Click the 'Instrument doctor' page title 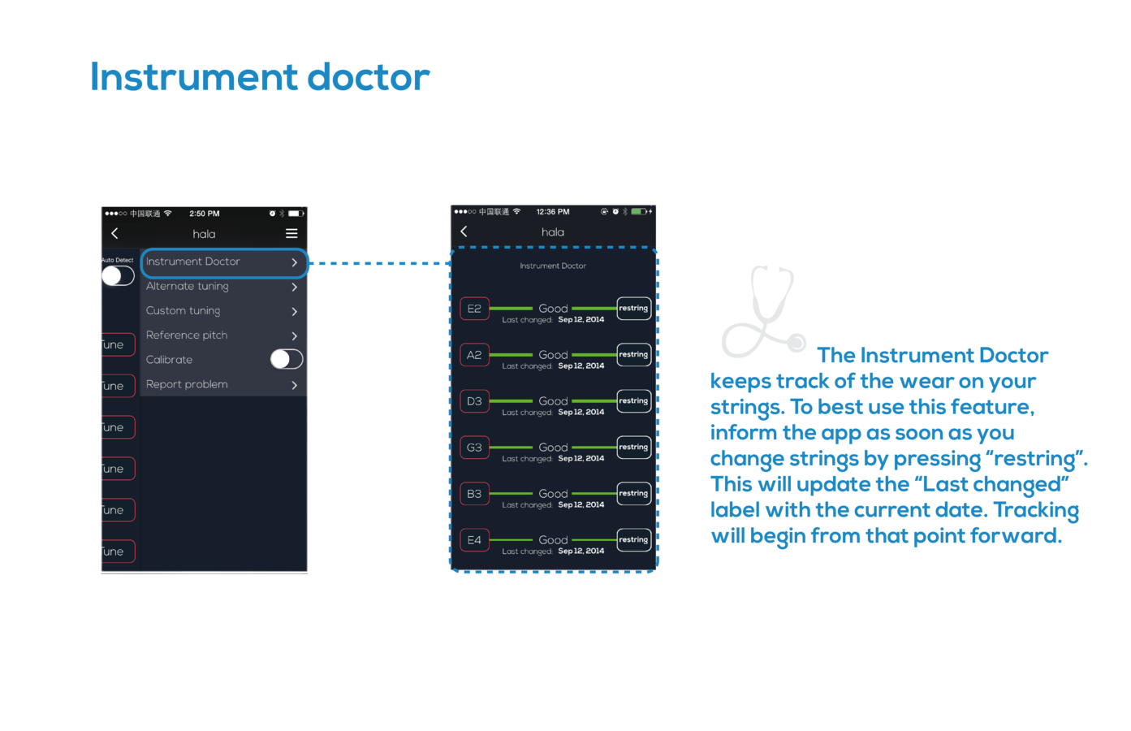click(x=260, y=78)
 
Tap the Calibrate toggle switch click(x=287, y=359)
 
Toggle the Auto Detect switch click(x=118, y=275)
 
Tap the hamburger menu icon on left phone click(x=291, y=234)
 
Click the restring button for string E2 click(x=633, y=309)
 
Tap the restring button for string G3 click(x=633, y=448)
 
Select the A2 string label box click(x=474, y=355)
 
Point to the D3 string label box click(x=474, y=401)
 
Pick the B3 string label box click(x=474, y=494)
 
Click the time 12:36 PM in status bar click(x=553, y=212)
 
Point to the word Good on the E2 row click(x=553, y=309)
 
